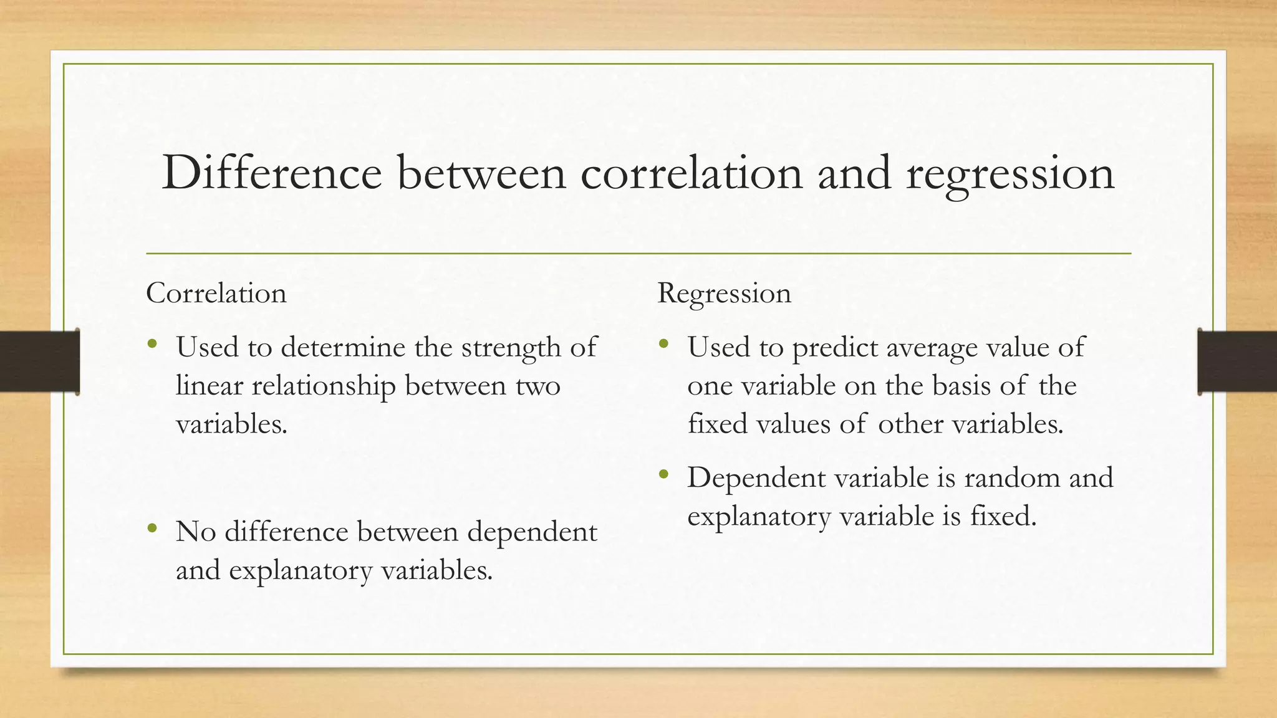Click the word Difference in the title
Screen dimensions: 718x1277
[271, 173]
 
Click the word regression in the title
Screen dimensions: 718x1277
[1010, 174]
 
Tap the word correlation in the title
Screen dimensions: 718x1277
[691, 173]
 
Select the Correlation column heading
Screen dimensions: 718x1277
[216, 293]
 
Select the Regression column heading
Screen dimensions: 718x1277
[724, 294]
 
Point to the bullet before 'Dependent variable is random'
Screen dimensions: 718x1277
[663, 475]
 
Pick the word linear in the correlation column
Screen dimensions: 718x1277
[209, 385]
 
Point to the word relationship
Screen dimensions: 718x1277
[324, 386]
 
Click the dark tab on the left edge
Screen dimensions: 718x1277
[39, 361]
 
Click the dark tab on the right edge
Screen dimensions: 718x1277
[1237, 361]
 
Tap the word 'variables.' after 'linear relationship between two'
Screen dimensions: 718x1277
[231, 424]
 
